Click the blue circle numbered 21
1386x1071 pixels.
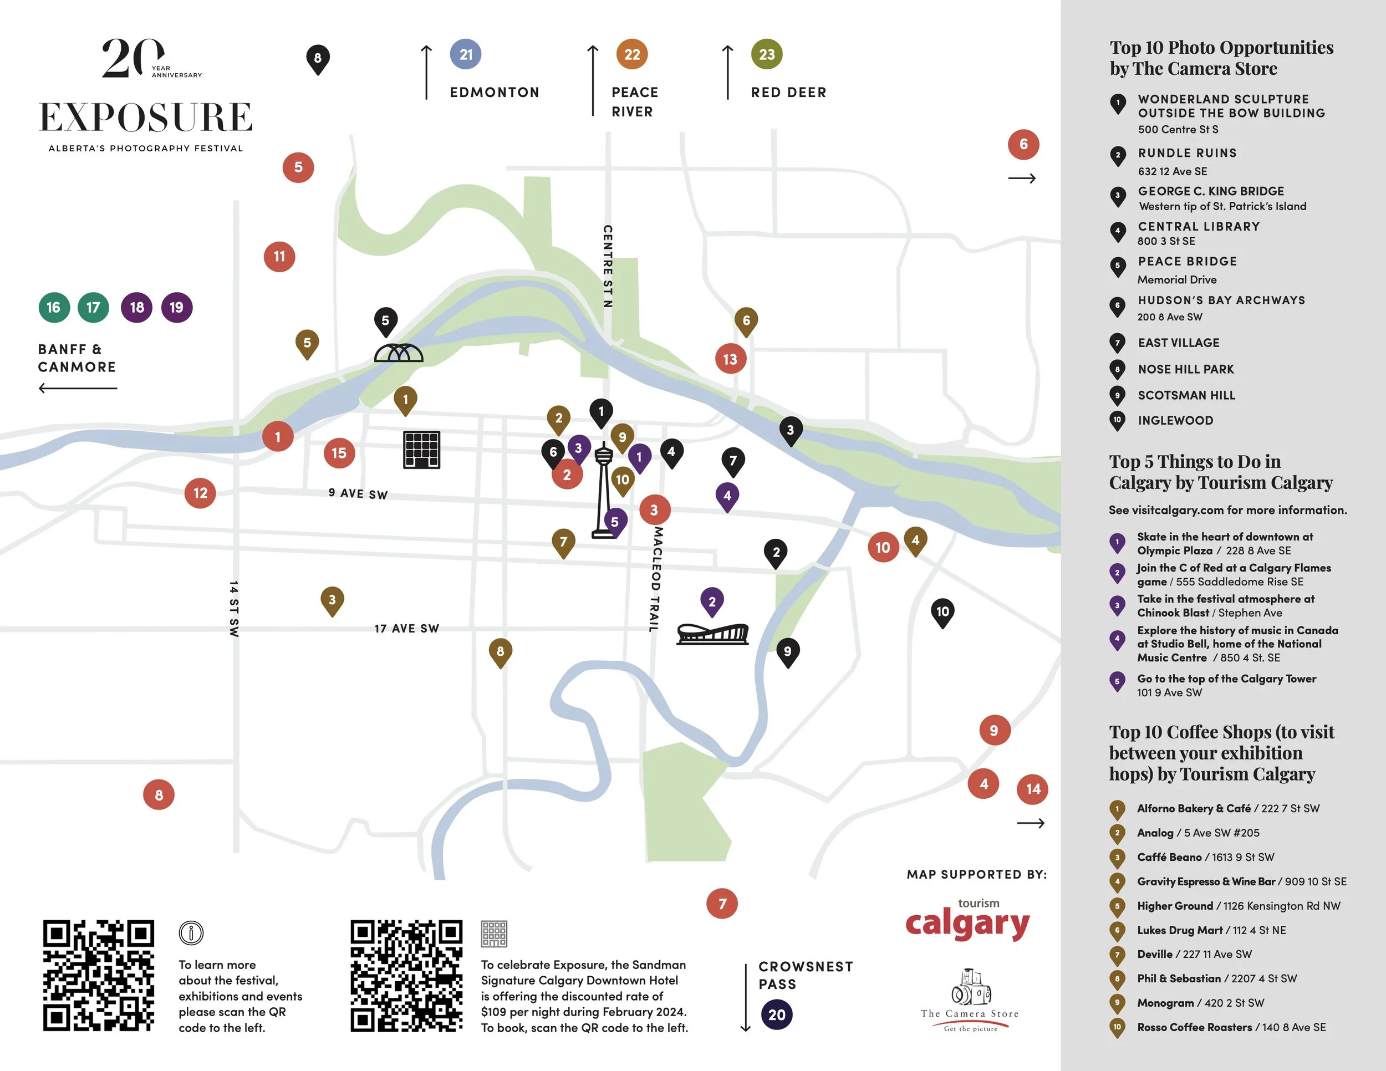coord(466,54)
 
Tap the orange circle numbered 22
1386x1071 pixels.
coord(632,54)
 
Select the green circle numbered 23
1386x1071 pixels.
coord(767,54)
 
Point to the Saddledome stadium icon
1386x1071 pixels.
coord(712,633)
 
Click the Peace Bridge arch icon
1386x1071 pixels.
coord(399,353)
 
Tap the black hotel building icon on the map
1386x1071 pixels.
coord(422,450)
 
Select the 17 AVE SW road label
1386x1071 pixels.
coord(407,628)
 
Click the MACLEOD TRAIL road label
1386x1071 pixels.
coord(656,578)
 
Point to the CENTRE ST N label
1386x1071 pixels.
coord(607,266)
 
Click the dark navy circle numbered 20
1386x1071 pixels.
coord(777,1014)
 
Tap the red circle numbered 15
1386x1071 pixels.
coord(339,453)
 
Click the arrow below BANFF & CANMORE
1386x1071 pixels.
coord(78,387)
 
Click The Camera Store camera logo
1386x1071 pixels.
coord(970,989)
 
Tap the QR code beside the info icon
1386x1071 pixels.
coord(98,975)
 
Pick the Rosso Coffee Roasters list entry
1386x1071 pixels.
coord(1231,1027)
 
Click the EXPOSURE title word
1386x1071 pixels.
coord(146,118)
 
